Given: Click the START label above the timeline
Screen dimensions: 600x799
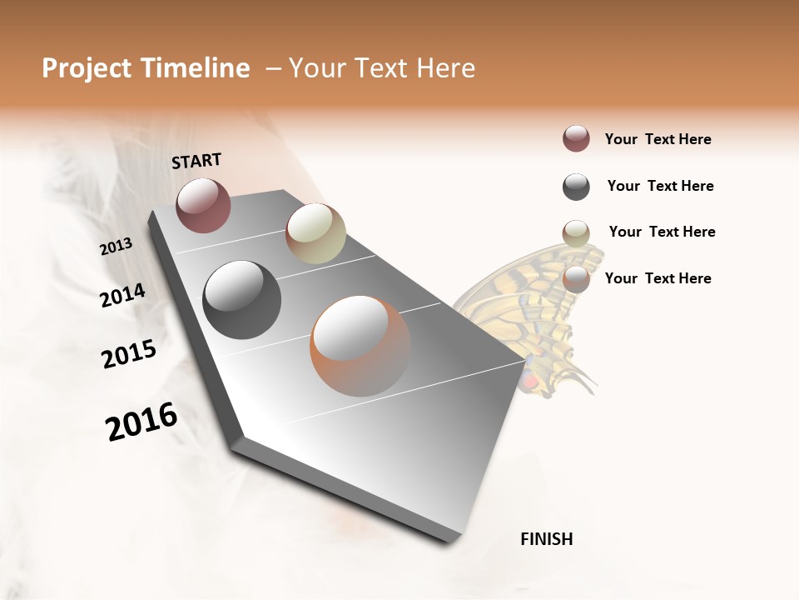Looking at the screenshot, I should [196, 161].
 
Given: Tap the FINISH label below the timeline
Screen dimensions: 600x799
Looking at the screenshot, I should [546, 539].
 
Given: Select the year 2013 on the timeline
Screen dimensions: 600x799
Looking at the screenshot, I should [117, 246].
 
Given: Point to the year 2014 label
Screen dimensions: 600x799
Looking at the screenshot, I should [123, 295].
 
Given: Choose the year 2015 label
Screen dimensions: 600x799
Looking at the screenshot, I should [129, 353].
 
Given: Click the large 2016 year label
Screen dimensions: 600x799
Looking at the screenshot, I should [141, 422].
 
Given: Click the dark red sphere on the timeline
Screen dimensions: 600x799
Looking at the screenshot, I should [203, 205].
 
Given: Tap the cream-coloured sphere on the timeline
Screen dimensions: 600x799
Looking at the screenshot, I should [315, 233].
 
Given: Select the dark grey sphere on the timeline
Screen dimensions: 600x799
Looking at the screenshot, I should [241, 300].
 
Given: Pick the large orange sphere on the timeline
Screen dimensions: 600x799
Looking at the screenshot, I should [360, 346].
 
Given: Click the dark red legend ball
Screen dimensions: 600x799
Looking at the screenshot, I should [576, 138].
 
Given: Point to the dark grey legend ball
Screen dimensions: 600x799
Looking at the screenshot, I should [576, 187].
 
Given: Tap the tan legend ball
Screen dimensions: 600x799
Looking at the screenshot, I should [576, 232].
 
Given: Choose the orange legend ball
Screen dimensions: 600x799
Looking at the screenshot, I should [576, 278].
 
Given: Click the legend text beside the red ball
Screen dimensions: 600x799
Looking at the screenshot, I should [658, 139].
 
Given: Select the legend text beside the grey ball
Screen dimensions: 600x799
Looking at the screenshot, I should [660, 186].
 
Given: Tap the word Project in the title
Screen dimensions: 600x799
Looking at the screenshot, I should [87, 68].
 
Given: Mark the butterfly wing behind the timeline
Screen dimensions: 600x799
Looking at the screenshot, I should [533, 308].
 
